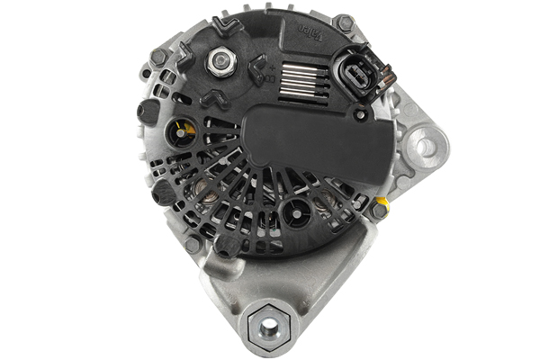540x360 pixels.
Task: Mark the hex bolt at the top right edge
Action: pyautogui.click(x=344, y=22)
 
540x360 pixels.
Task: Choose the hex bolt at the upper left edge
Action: pyautogui.click(x=159, y=56)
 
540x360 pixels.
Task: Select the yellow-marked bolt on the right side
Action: pyautogui.click(x=379, y=210)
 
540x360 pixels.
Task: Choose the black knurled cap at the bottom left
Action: pyautogui.click(x=227, y=244)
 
